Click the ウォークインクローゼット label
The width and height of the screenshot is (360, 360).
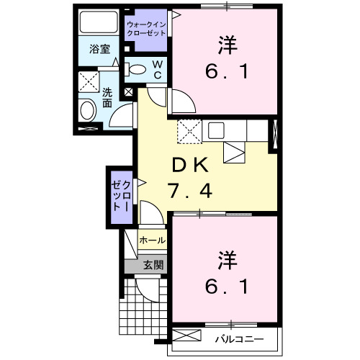click(x=147, y=29)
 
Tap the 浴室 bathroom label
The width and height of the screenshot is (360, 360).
click(x=100, y=49)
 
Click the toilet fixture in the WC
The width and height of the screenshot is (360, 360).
click(x=136, y=69)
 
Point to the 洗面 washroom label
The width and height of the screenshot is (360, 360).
click(x=107, y=97)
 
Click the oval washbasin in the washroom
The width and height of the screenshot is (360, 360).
click(x=87, y=112)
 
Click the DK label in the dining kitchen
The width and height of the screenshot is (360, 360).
click(x=189, y=166)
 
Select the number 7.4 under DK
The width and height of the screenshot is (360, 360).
click(x=189, y=192)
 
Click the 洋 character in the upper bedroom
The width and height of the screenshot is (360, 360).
click(x=225, y=45)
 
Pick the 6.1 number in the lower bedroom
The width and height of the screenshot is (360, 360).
click(x=225, y=287)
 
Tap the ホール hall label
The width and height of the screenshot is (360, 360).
click(x=151, y=240)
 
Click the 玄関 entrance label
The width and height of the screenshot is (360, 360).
click(x=153, y=264)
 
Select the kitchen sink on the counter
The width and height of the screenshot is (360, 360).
click(x=215, y=130)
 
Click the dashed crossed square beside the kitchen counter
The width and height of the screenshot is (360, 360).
click(x=189, y=130)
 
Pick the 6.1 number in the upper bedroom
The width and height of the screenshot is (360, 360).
click(x=225, y=72)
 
